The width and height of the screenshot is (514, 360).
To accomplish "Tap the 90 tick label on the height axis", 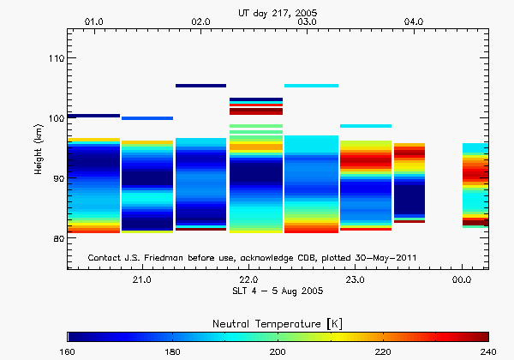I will click(56, 178).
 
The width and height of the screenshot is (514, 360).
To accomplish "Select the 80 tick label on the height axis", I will click(56, 238).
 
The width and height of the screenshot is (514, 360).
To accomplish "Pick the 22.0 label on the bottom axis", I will click(248, 280).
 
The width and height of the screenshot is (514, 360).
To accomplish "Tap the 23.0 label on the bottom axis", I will click(355, 280).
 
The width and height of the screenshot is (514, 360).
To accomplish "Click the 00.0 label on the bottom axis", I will click(462, 280).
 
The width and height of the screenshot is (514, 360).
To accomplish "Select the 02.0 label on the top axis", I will click(201, 20).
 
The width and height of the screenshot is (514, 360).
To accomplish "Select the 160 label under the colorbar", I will click(69, 351).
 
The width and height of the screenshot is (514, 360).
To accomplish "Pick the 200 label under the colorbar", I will click(278, 351).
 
